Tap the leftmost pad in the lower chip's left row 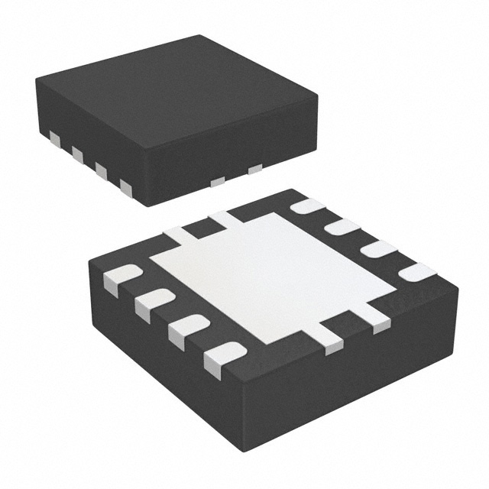click(122, 279)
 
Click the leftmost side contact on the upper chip click(54, 138)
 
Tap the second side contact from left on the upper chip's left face click(77, 154)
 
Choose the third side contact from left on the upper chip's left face click(101, 170)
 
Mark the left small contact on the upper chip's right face click(218, 181)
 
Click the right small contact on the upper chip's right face click(255, 168)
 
